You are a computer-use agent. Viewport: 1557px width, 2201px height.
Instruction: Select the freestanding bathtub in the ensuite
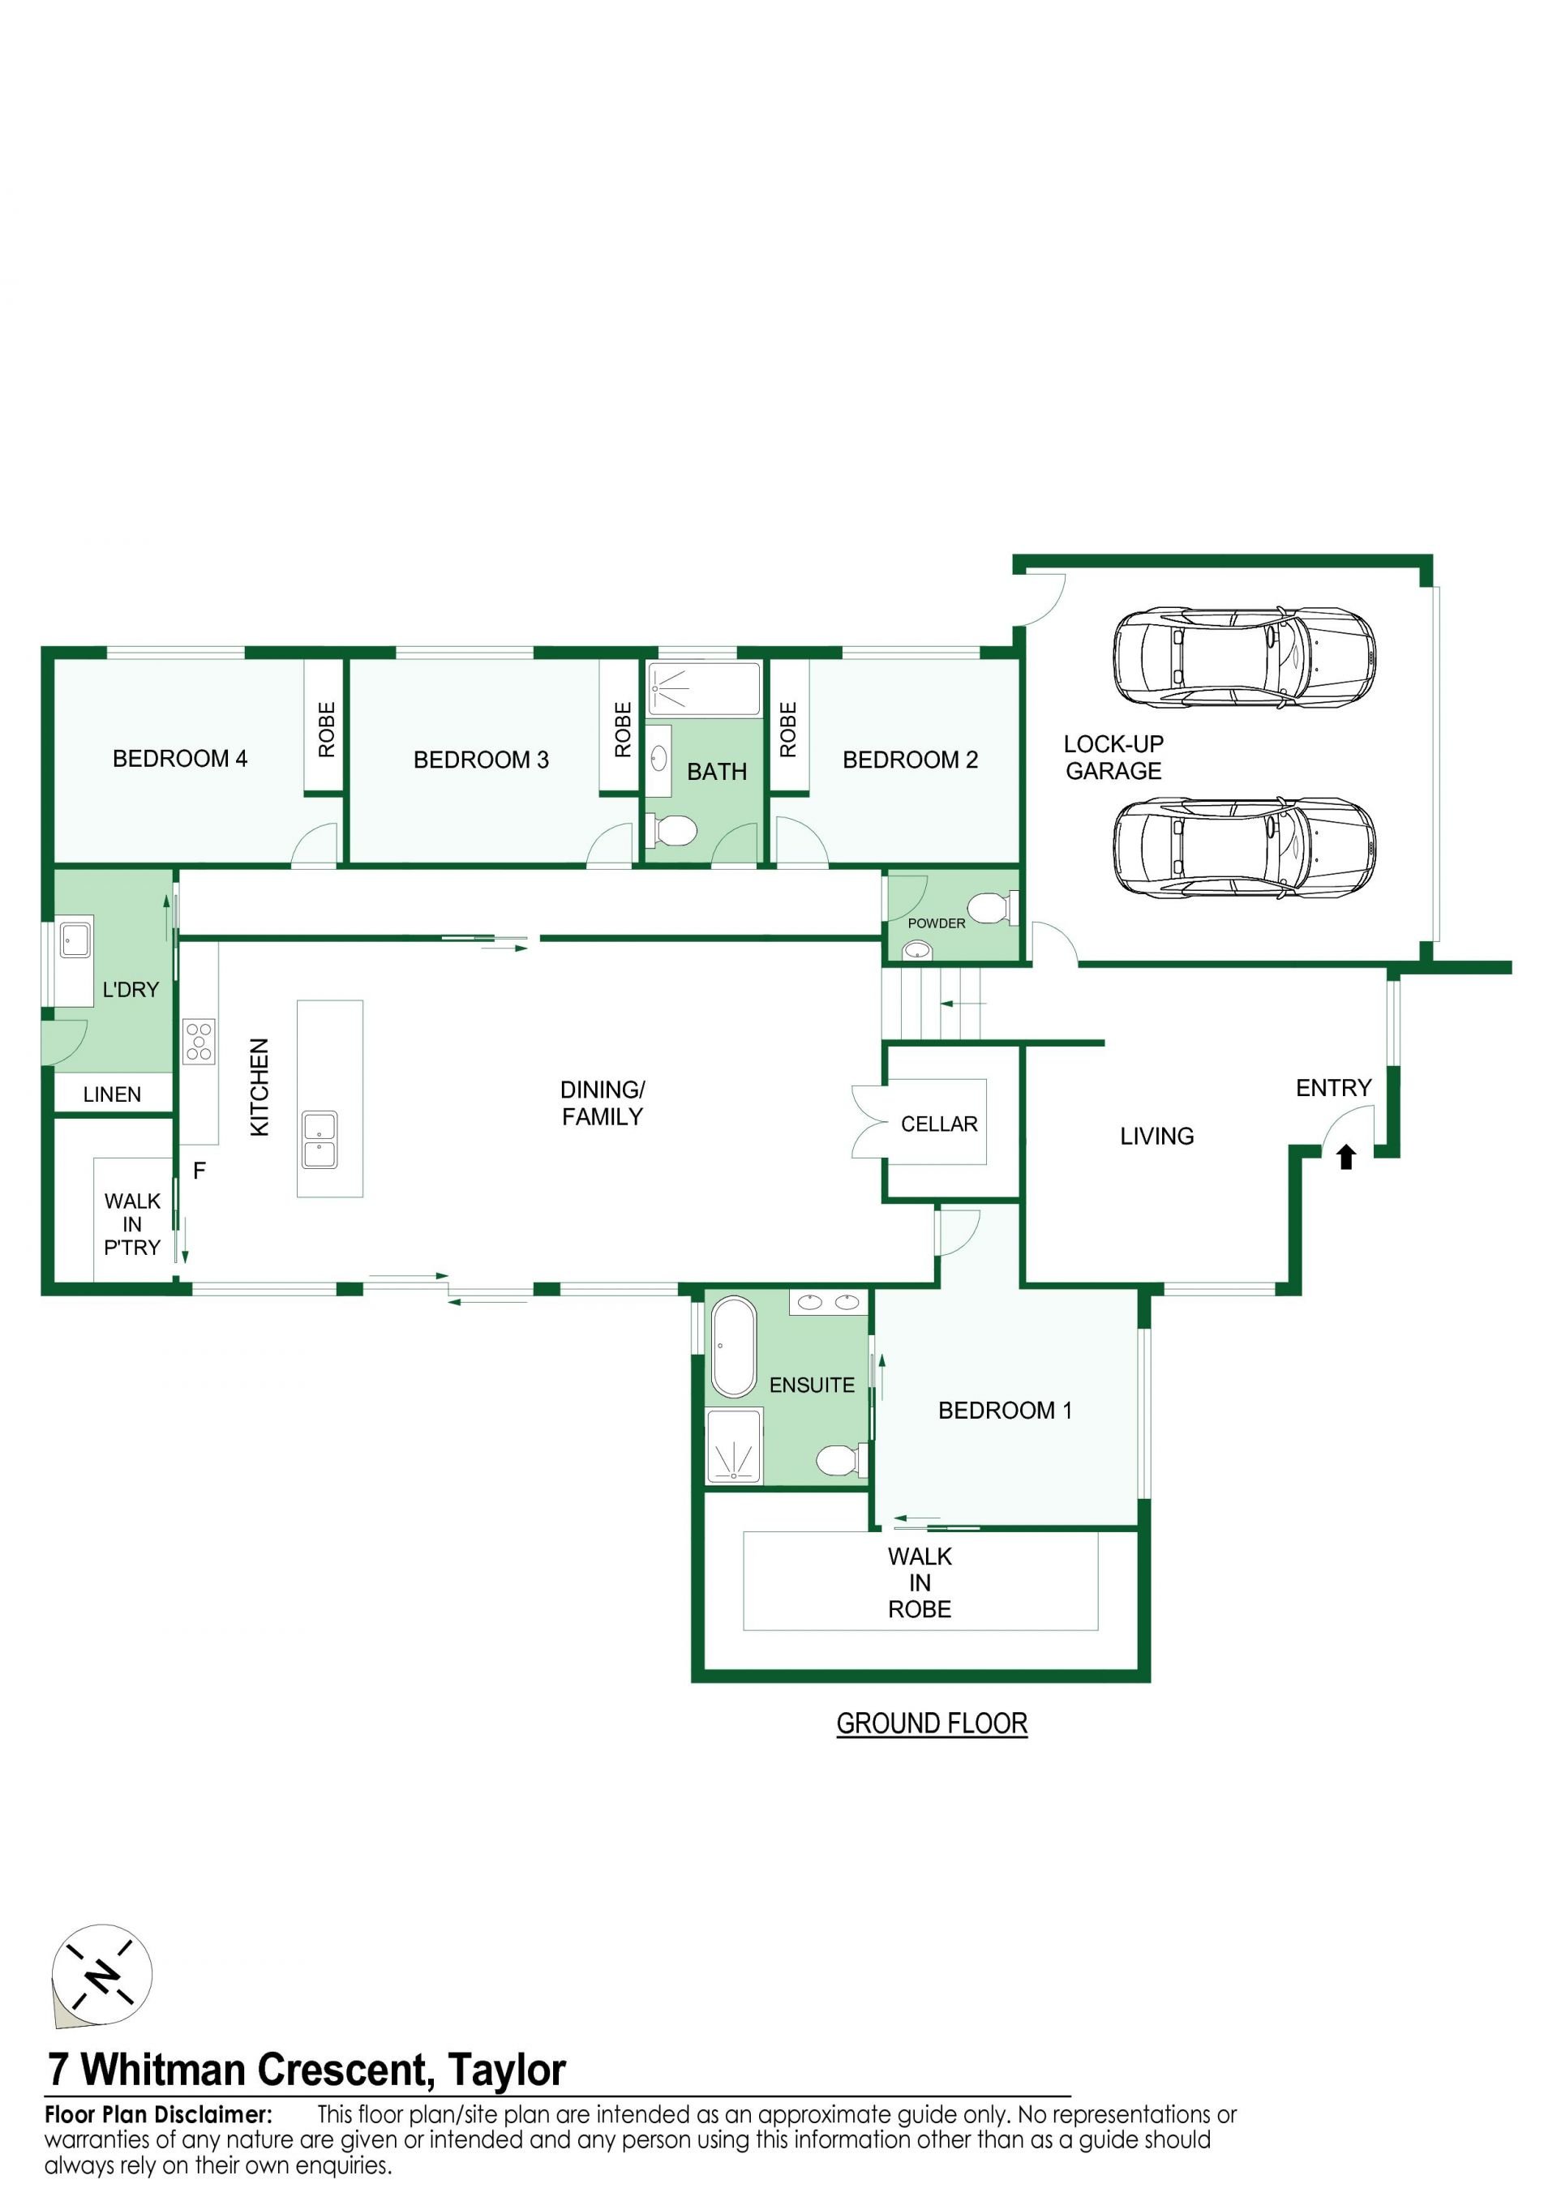tap(733, 1347)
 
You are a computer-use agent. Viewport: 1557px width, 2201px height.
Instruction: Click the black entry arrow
tap(1346, 1157)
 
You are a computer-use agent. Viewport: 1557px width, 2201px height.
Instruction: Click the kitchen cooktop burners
tap(199, 1042)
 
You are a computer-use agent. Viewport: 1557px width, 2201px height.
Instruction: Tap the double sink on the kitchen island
tap(320, 1140)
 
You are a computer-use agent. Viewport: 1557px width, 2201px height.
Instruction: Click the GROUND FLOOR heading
tap(932, 1724)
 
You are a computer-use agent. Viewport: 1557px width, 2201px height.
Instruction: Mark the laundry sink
tap(75, 940)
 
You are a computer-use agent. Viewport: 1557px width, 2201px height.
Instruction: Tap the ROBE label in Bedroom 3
tap(623, 730)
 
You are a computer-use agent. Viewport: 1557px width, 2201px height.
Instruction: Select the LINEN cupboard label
tap(112, 1094)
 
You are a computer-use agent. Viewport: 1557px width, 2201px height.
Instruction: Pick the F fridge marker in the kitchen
tap(199, 1171)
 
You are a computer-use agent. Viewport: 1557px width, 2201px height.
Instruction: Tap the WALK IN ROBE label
tap(920, 1582)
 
